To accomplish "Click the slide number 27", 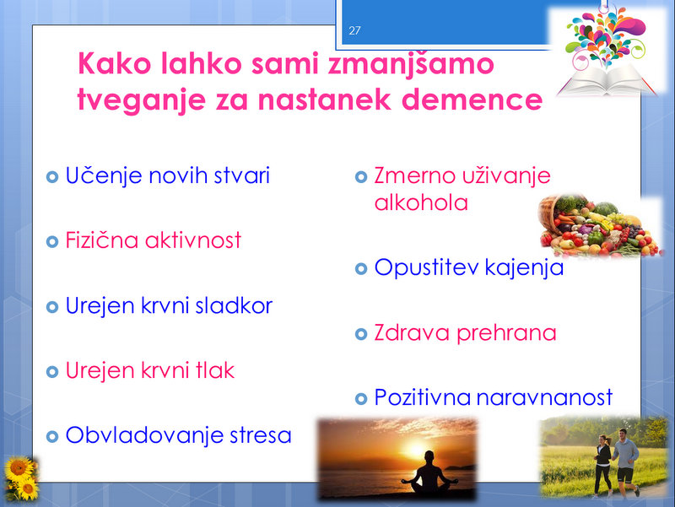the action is (354, 30).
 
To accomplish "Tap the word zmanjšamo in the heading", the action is (411, 65).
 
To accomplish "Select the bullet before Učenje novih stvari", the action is (52, 176).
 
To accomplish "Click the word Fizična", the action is (102, 240).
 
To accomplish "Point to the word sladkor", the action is (234, 305).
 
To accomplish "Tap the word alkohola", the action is (421, 202).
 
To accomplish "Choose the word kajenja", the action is (524, 267).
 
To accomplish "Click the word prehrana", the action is (506, 333).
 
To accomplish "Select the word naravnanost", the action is (544, 397).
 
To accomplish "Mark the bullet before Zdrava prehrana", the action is (361, 334).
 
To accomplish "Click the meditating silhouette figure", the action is (429, 472).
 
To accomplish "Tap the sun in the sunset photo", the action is (416, 450).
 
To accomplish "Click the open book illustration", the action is (606, 80).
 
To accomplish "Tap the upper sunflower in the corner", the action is (19, 469).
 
